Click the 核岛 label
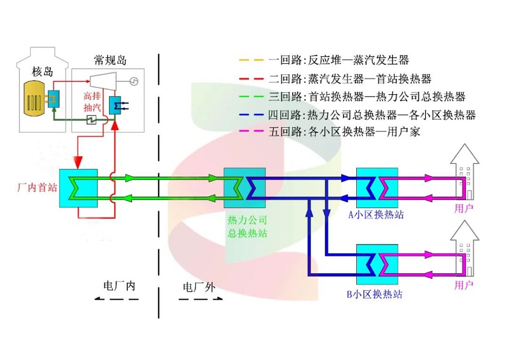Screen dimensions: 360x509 click(43, 71)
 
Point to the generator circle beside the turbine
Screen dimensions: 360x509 click(134, 81)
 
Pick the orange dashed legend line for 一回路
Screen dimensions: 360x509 click(251, 60)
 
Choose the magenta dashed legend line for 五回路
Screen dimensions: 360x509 click(251, 133)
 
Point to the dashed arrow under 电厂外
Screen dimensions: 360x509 click(201, 299)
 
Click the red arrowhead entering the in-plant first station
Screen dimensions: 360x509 click(77, 162)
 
